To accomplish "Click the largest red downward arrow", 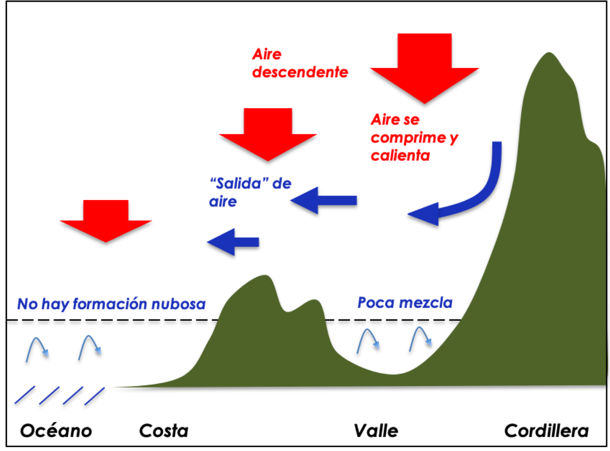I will tap(424, 67).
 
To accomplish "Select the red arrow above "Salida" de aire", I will tap(268, 133).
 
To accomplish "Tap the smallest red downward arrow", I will tap(106, 220).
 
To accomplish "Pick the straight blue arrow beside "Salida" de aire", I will tap(324, 200).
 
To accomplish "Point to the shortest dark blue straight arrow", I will tap(234, 242).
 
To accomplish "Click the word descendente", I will tap(300, 73).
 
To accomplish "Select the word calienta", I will tap(401, 155).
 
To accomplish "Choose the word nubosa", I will tap(178, 304).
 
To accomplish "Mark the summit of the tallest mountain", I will tap(549, 53).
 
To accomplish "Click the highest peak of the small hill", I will tap(263, 276).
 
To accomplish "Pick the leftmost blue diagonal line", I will tap(25, 395).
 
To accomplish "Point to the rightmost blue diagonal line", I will tap(95, 396).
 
